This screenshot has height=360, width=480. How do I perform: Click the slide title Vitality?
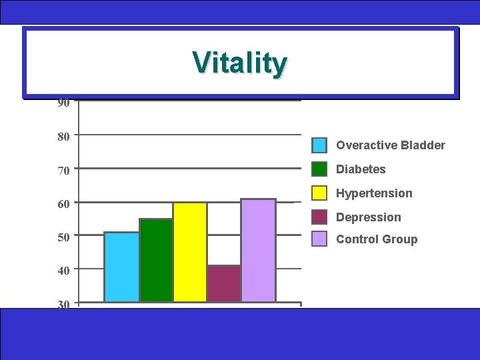tap(240, 63)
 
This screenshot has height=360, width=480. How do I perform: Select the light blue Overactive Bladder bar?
tap(121, 267)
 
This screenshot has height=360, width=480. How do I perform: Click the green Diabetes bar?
tap(156, 260)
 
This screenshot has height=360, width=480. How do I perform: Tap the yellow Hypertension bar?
tap(190, 252)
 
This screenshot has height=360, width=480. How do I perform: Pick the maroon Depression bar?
tap(224, 283)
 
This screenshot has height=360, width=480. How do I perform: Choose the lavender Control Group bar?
tap(258, 250)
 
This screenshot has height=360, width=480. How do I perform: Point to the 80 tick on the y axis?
tap(63, 137)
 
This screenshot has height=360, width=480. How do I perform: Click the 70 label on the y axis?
tap(63, 171)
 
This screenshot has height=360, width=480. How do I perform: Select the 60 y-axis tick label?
tap(63, 204)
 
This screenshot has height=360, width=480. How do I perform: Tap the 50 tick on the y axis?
tap(63, 237)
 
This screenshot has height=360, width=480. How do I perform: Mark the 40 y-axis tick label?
tap(63, 271)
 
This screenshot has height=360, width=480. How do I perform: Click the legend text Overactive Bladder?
tap(390, 145)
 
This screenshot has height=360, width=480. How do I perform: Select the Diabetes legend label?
tap(361, 169)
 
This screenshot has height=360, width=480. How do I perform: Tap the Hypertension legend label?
tap(374, 193)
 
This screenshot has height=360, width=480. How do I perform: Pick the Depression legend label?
tap(368, 217)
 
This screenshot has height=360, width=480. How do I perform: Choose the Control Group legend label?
tap(377, 239)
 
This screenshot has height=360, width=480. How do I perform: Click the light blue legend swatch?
tap(320, 145)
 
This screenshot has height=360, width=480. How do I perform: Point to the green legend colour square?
tap(320, 169)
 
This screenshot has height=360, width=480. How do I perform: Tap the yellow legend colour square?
tap(320, 193)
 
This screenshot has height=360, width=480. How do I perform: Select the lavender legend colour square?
tap(320, 239)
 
